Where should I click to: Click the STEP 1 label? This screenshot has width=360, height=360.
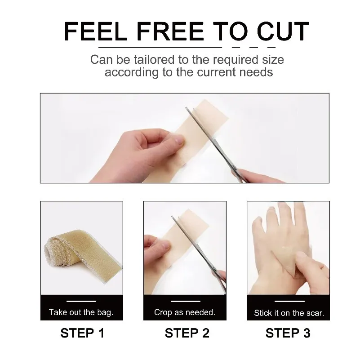[x=82, y=333]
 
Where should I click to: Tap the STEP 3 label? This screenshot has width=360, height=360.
[x=288, y=333]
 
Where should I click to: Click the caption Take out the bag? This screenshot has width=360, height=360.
[x=81, y=312]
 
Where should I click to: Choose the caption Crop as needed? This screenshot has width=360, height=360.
[x=184, y=312]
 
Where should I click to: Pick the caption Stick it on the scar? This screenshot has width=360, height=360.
[x=289, y=312]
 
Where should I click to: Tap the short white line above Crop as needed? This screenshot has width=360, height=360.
[x=184, y=301]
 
